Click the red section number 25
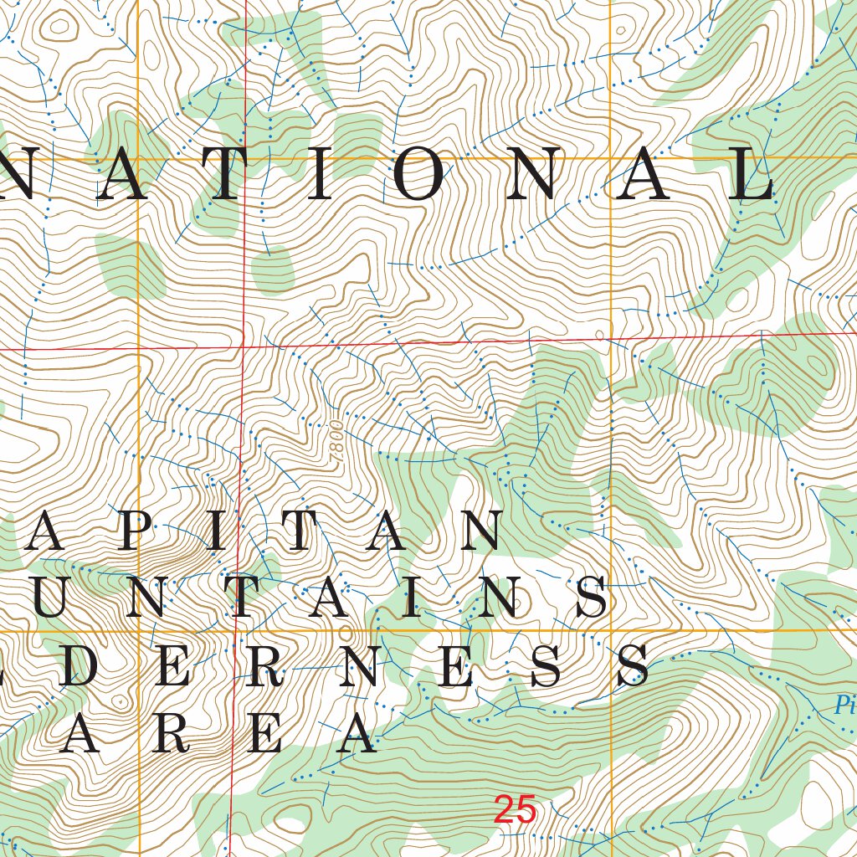515,810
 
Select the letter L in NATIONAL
751,177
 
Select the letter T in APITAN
295,531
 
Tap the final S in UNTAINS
593,598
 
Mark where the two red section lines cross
243,345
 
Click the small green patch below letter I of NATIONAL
272,270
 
